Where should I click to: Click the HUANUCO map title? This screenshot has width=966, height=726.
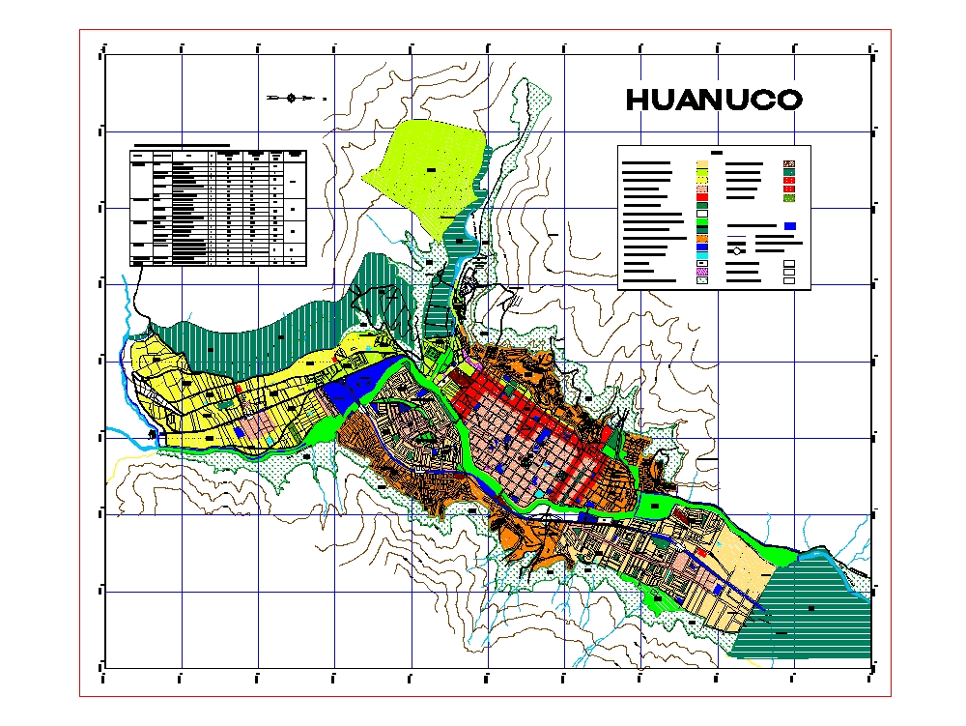click(714, 100)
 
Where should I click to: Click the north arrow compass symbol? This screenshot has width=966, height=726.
click(291, 97)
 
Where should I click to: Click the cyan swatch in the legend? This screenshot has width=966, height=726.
click(703, 255)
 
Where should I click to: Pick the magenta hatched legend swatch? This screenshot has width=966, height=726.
click(703, 274)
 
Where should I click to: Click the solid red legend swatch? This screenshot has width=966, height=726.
click(703, 199)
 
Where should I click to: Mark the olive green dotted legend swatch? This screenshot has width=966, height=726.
click(788, 198)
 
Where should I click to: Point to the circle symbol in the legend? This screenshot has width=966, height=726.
click(738, 250)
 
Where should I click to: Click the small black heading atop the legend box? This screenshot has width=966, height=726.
click(716, 152)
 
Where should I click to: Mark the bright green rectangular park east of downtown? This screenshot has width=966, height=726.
click(657, 504)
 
